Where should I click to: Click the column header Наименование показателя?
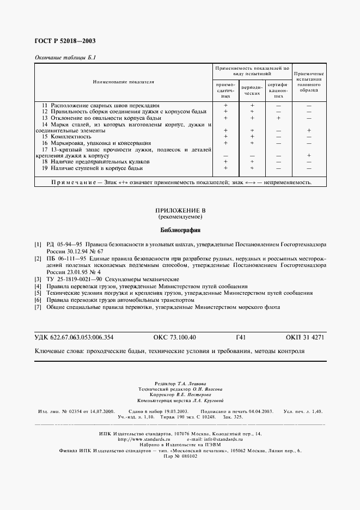coord(123,82)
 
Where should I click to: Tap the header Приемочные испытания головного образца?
coord(309,82)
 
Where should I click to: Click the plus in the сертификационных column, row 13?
coord(278,118)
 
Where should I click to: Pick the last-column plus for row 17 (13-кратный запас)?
coord(309,155)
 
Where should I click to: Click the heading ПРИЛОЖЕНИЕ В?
coord(180,210)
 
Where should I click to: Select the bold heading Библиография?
coord(180,230)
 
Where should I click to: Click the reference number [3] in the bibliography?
coord(38,279)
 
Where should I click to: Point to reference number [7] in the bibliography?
coord(38,307)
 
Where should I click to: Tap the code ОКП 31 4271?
coord(304,337)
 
